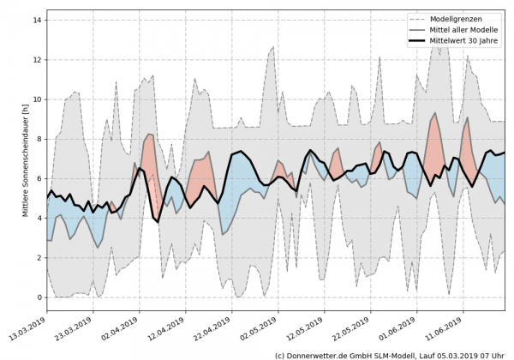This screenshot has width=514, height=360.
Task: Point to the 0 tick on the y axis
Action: point(39,297)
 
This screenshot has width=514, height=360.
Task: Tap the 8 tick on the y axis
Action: point(39,138)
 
